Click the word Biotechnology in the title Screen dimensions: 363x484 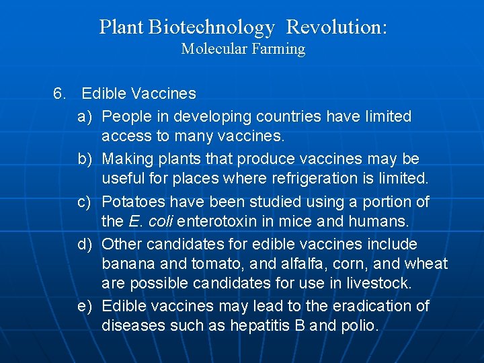tap(212, 28)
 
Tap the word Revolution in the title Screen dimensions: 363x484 tap(336, 28)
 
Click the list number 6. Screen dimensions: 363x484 tap(60, 93)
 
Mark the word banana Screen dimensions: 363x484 tap(127, 264)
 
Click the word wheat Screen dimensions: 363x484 tap(426, 264)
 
